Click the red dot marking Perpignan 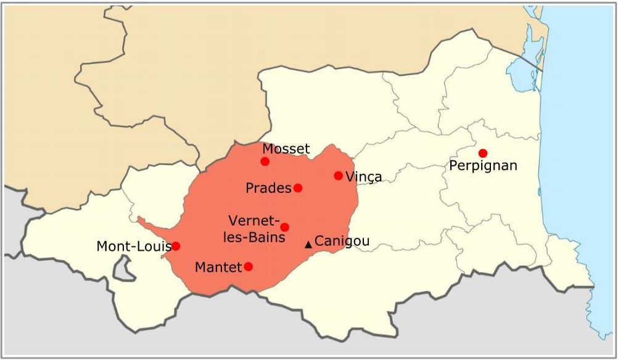coord(483,153)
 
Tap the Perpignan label coord(483,166)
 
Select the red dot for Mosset coord(265,162)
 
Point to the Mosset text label coord(286,149)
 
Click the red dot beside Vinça coord(338,176)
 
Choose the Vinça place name coord(363,177)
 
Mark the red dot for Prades coord(298,188)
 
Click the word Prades coord(268,188)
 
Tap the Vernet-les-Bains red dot coord(284,227)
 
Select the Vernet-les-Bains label coord(255,228)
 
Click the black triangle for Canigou coord(308,245)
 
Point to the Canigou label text coord(342,241)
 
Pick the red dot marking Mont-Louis coord(176,246)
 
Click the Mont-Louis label coord(133,247)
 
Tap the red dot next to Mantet coord(248,266)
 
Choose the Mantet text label coord(218,268)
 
